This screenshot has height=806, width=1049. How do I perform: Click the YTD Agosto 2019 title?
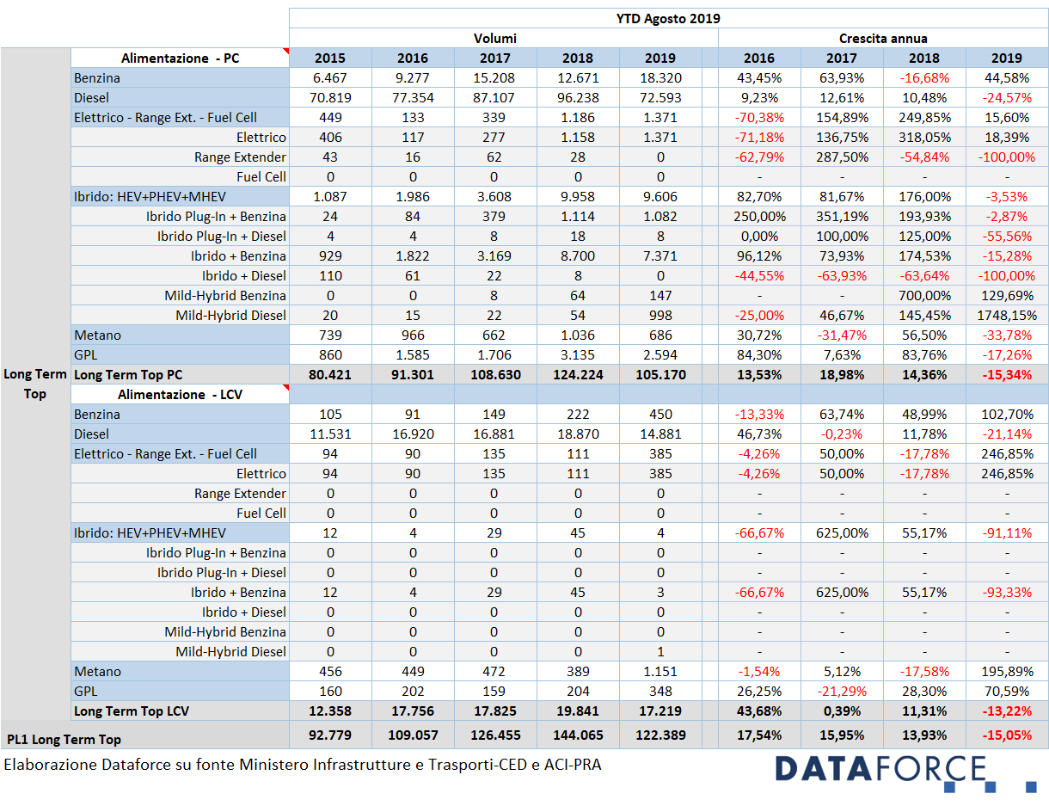(x=667, y=18)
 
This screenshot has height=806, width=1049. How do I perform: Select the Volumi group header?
(x=494, y=38)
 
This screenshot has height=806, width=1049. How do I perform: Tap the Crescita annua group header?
(x=883, y=38)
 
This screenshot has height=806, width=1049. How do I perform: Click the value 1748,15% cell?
(x=1007, y=316)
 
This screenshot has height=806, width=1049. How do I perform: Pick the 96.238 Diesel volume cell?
(x=577, y=98)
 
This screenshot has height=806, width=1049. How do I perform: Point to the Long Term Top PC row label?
(x=128, y=375)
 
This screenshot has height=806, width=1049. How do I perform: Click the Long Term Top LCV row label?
(x=132, y=711)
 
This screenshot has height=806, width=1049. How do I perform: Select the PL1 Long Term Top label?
(x=64, y=740)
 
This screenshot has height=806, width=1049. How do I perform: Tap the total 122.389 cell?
(x=660, y=735)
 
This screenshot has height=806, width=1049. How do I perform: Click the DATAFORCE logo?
(x=905, y=773)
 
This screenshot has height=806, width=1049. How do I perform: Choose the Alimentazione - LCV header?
(x=180, y=395)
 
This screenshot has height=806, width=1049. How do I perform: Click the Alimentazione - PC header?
(x=180, y=58)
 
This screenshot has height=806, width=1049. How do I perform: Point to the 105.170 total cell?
(x=660, y=375)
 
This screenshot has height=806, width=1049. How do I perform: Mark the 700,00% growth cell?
(x=924, y=296)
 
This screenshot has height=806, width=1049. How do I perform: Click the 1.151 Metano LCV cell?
(x=660, y=671)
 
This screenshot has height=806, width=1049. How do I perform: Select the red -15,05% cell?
(x=1007, y=735)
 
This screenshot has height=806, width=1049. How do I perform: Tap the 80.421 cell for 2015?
(x=330, y=375)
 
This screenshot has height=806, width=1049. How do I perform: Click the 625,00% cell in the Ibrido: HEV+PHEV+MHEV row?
(x=842, y=533)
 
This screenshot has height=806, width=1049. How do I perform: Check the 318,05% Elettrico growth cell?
(x=924, y=138)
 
